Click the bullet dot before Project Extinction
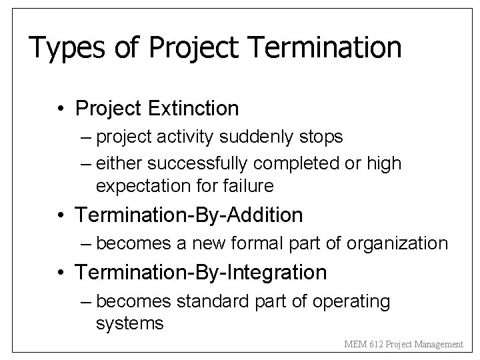61,107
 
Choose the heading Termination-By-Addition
189,215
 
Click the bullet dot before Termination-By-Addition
61,215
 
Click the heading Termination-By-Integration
201,272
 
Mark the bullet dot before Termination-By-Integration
61,273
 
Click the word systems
129,323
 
